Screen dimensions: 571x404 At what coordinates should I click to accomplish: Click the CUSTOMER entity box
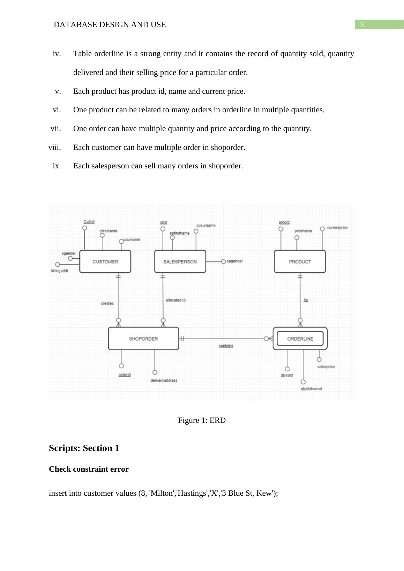pos(105,261)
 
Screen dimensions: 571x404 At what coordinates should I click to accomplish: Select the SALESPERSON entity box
pos(180,261)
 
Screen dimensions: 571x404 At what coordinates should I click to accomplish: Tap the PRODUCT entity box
pos(300,261)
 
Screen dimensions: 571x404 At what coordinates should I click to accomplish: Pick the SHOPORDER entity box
pos(143,338)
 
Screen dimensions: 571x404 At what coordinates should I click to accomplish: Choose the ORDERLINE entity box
pos(300,338)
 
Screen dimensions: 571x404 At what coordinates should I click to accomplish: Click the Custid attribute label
pos(89,222)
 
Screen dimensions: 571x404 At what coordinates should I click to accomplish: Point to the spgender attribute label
pos(235,261)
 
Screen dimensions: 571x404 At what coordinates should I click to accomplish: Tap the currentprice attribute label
pos(337,228)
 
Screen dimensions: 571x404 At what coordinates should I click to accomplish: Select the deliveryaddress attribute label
pos(164,380)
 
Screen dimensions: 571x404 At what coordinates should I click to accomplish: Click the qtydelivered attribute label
pos(312,389)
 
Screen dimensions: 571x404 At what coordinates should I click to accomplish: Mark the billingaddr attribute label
pos(59,271)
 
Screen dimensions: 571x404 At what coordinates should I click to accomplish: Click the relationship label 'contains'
pos(226,346)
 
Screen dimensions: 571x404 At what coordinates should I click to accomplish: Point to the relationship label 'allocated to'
pos(175,300)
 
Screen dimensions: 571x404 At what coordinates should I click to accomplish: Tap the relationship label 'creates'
pos(107,303)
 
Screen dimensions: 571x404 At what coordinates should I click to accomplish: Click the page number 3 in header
pos(362,25)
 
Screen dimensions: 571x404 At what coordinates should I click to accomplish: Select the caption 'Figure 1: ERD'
pos(202,420)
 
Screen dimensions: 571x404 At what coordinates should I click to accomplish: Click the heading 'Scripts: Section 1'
pos(84,448)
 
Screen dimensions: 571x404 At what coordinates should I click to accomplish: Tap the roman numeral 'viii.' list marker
pos(54,147)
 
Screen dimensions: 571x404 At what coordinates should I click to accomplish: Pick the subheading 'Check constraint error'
pos(89,469)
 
